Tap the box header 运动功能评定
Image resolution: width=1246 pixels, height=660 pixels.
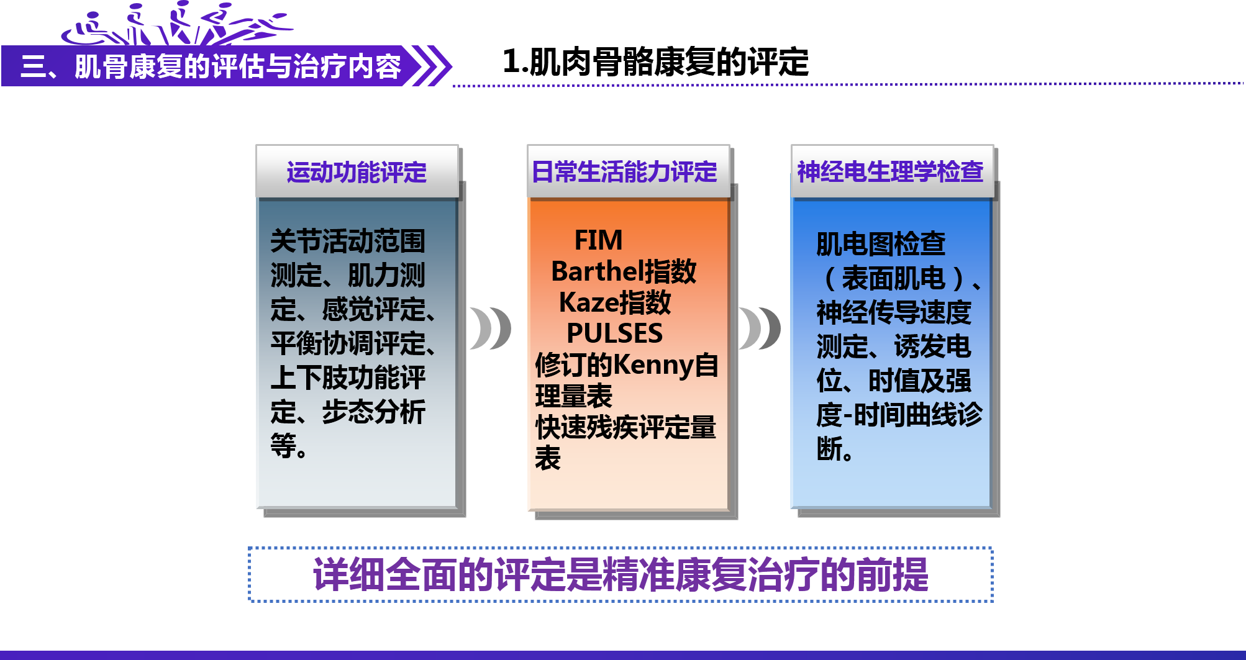pos(357,172)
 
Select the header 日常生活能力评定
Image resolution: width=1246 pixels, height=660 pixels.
pos(625,171)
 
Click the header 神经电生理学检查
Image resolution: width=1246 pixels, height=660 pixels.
pos(890,171)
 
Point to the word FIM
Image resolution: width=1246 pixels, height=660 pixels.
pos(598,240)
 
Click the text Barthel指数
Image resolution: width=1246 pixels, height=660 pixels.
pos(624,271)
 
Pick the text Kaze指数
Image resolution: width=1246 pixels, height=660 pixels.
pos(615,302)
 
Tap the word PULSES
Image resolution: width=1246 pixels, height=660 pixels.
pos(614,333)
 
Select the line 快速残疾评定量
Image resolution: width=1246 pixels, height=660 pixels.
pos(625,428)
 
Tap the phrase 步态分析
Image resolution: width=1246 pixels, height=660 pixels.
pos(374,412)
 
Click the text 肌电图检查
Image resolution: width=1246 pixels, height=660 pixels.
pos(881,244)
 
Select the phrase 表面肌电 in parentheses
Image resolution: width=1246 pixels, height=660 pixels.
pos(893,278)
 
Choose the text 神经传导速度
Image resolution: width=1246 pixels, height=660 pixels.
pos(894,312)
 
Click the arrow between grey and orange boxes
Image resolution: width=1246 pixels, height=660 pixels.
pos(490,328)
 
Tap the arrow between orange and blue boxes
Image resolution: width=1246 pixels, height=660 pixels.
pos(760,328)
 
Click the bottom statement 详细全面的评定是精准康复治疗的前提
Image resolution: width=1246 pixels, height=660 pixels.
pos(620,575)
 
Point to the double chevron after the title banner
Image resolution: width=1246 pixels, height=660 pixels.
pos(432,66)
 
